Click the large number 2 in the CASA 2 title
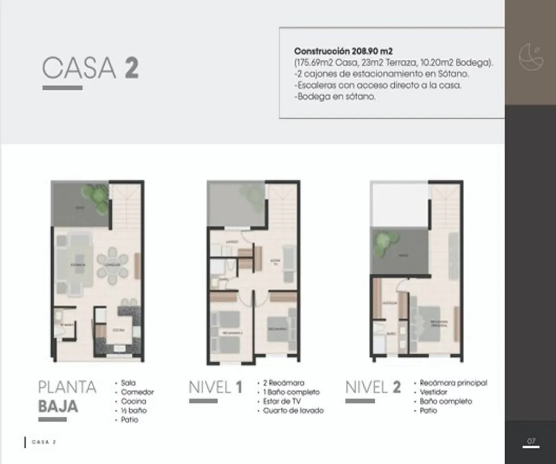131,68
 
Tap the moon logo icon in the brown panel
531,57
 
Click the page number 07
531,440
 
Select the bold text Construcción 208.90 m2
343,51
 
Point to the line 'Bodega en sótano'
335,97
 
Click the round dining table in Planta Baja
112,265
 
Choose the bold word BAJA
58,406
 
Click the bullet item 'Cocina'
133,401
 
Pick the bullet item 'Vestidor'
434,392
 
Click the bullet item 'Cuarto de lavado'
293,411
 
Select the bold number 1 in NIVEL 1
239,387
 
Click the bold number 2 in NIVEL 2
397,387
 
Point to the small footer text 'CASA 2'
44,442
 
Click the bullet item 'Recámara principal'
453,383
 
